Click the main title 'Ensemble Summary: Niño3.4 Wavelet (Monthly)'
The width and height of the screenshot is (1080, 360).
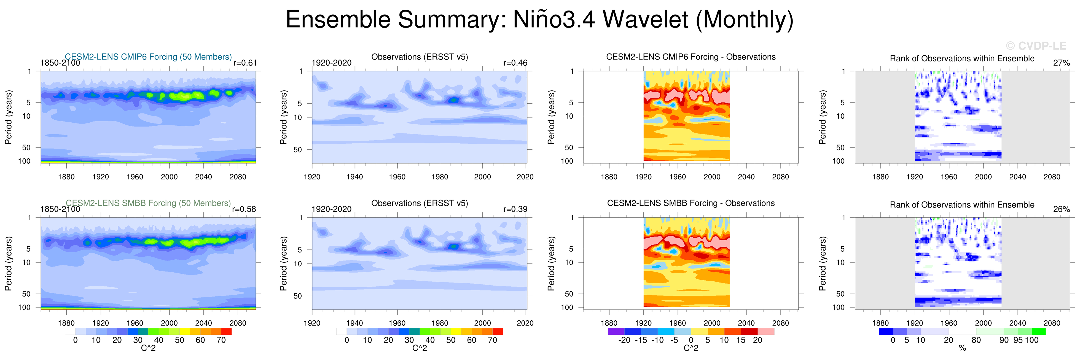point(539,20)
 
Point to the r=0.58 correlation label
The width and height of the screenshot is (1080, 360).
point(244,209)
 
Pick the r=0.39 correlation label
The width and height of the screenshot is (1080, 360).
point(515,209)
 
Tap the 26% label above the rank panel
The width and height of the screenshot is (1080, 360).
point(1061,209)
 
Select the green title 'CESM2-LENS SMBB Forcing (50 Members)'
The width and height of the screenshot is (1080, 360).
point(148,203)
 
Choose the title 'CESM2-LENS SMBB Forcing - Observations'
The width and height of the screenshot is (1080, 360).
point(691,203)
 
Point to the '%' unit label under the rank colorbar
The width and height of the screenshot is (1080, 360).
point(962,348)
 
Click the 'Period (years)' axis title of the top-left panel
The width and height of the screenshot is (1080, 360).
point(8,117)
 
